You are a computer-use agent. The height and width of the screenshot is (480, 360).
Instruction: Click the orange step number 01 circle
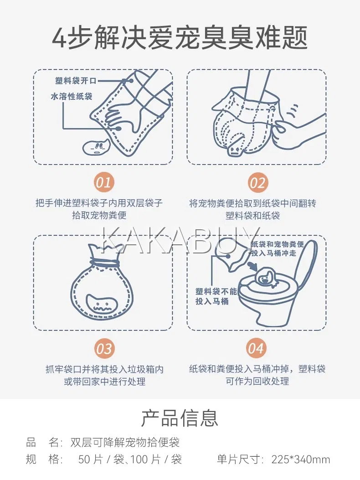[104, 182]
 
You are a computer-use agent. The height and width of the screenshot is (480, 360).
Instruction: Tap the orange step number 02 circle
[257, 183]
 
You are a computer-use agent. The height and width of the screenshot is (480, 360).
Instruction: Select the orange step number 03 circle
[104, 349]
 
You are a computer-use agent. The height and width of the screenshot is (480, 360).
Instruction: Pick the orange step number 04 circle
[256, 348]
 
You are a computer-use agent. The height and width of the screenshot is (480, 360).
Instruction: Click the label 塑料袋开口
[76, 81]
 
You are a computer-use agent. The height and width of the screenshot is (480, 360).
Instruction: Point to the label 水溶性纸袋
[72, 97]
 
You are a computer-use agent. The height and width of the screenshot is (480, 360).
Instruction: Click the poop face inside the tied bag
[101, 304]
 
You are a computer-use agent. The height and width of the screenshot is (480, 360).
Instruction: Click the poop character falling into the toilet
[266, 278]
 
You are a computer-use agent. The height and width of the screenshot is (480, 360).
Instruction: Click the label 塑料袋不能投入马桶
[216, 296]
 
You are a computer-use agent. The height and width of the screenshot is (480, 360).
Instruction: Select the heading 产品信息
[180, 418]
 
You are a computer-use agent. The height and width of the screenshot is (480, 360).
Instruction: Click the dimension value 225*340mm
[301, 459]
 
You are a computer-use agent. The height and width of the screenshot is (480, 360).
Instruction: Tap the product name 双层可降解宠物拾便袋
[125, 443]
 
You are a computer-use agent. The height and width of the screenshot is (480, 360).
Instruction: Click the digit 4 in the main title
[59, 39]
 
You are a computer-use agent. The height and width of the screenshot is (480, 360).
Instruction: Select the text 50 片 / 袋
[101, 459]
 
